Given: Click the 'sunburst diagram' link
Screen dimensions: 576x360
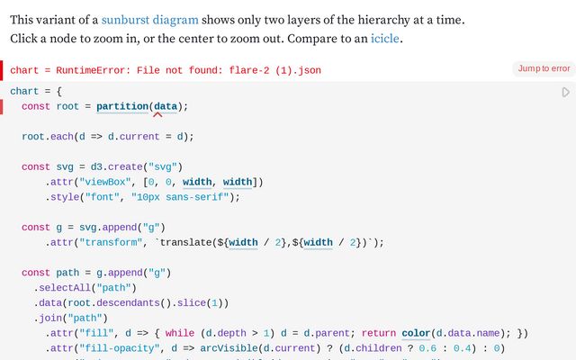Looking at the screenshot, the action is pyautogui.click(x=150, y=20).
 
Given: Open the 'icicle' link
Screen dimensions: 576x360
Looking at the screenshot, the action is pyautogui.click(x=384, y=39).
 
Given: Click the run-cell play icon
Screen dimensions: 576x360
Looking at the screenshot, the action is pyautogui.click(x=566, y=92).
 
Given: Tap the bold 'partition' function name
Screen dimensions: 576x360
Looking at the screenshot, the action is pyautogui.click(x=122, y=106).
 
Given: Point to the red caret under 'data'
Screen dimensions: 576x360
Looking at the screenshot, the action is pyautogui.click(x=157, y=114).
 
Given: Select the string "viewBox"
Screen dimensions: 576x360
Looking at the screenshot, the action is pyautogui.click(x=105, y=182).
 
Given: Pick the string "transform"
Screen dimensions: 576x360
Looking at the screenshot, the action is pyautogui.click(x=111, y=243).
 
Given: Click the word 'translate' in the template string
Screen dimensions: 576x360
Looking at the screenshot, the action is pyautogui.click(x=186, y=243).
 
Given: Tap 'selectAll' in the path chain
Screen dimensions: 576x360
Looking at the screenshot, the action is pyautogui.click(x=65, y=288).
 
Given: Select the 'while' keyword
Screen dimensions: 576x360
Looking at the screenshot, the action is pyautogui.click(x=180, y=333).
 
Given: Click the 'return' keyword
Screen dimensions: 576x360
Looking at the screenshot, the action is pyautogui.click(x=379, y=333).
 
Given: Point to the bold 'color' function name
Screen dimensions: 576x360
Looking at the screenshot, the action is pyautogui.click(x=416, y=333).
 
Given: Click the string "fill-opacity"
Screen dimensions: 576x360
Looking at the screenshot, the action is pyautogui.click(x=122, y=348).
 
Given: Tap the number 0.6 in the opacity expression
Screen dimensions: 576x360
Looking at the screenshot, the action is pyautogui.click(x=427, y=348).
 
